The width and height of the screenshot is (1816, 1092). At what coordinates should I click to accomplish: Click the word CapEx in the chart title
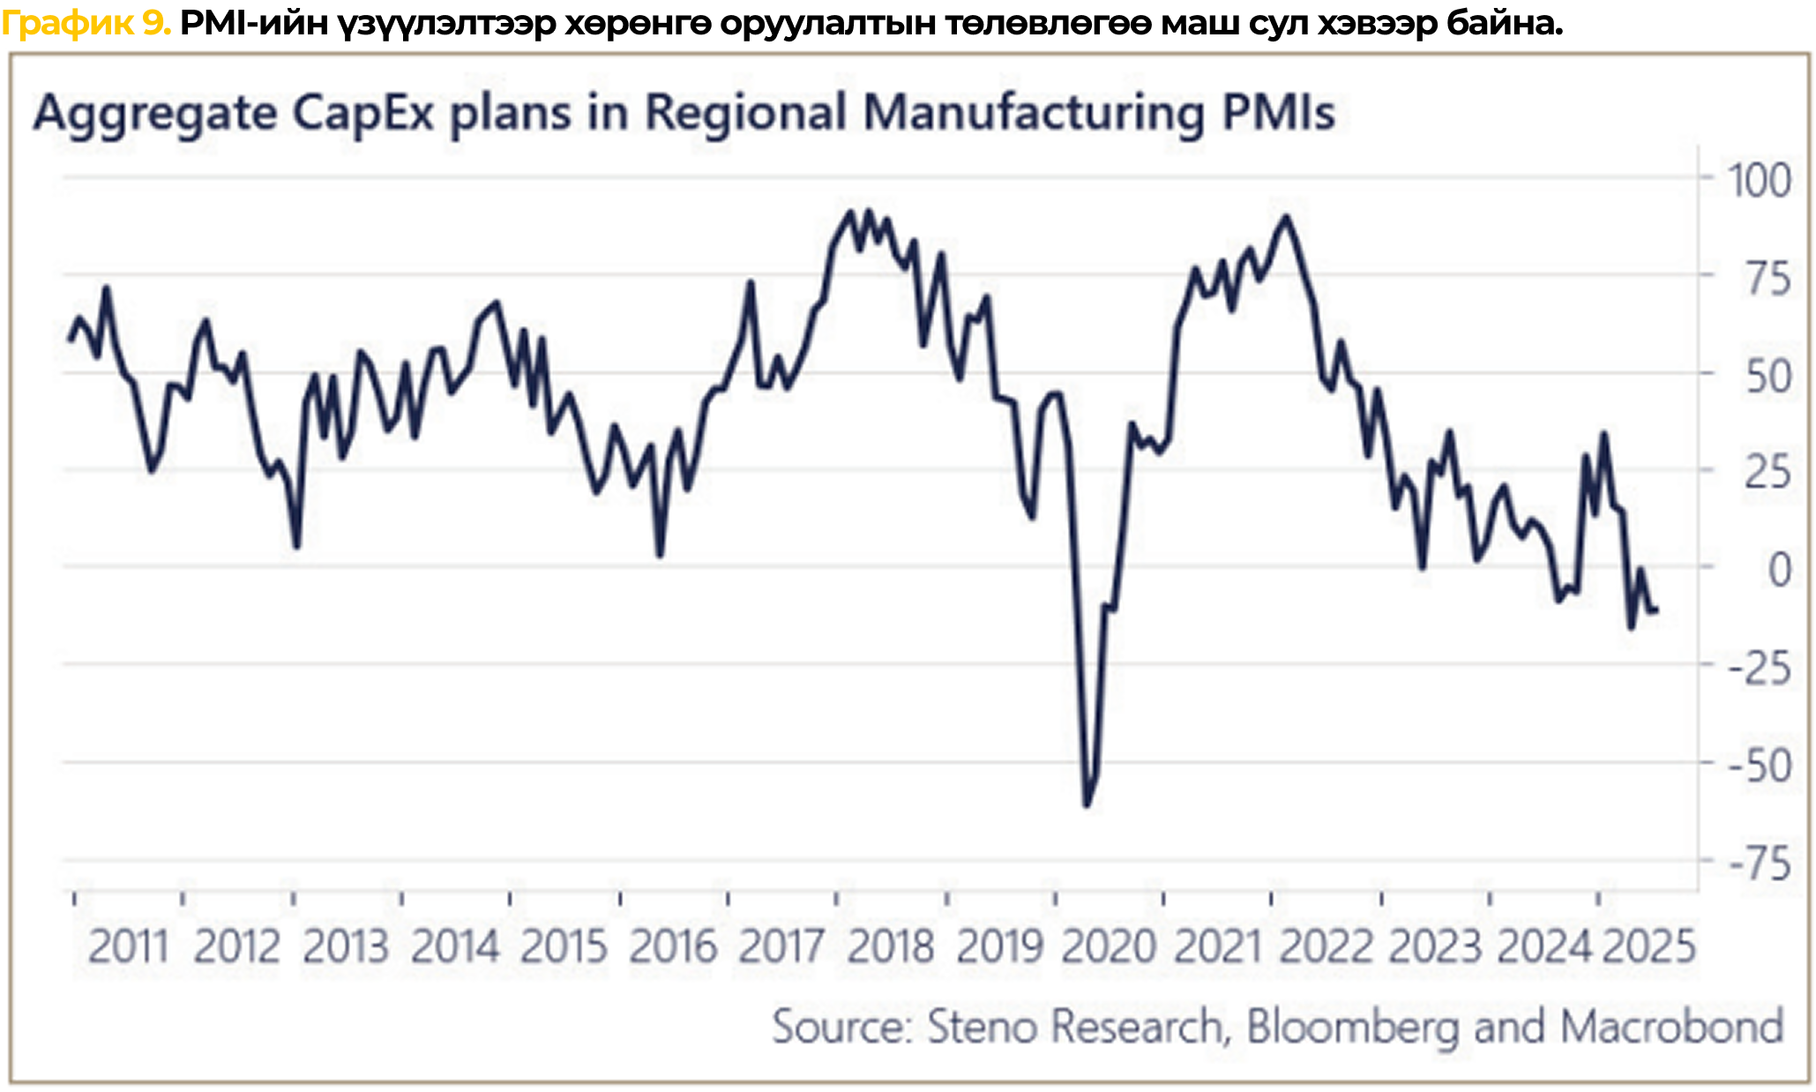[362, 113]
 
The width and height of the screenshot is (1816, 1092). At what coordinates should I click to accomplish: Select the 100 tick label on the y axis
[1759, 181]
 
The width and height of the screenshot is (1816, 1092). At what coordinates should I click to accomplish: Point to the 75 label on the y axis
[1767, 280]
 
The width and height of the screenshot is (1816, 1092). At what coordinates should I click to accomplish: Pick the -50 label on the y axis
[1759, 766]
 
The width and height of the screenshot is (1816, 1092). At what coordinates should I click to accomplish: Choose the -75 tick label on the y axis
[1759, 864]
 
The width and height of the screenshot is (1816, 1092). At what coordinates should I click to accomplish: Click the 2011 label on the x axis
[128, 947]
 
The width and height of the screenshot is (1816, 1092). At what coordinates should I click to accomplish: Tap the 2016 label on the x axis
[673, 947]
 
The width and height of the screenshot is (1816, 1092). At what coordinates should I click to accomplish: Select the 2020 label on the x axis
[1109, 947]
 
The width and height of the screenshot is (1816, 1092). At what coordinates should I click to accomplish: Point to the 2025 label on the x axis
[1648, 947]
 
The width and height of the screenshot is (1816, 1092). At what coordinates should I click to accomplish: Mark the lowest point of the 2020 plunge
[1086, 804]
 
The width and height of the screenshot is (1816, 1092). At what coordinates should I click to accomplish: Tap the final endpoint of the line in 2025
[1655, 610]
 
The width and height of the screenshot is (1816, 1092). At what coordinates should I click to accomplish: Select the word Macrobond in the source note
[1671, 1027]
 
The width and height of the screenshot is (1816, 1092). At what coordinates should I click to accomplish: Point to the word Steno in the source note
[981, 1027]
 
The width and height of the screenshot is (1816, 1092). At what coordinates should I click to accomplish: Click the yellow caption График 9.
[86, 22]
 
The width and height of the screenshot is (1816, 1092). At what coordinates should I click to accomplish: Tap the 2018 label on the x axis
[891, 947]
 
